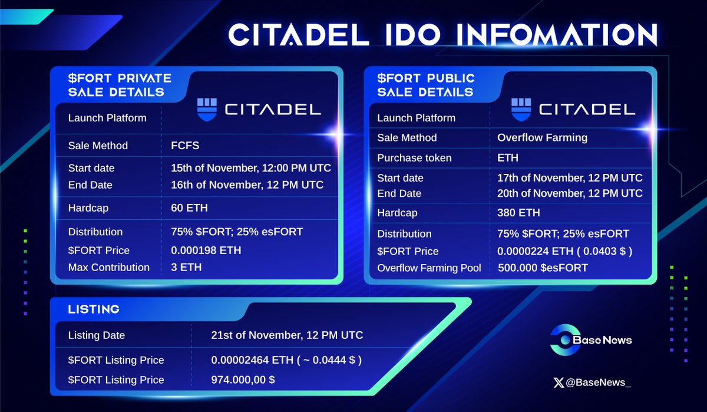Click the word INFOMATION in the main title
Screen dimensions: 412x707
pyautogui.click(x=558, y=35)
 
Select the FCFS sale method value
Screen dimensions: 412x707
pyautogui.click(x=186, y=146)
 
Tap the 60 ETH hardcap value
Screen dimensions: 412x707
pyautogui.click(x=190, y=208)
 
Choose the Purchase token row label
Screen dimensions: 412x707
pyautogui.click(x=414, y=158)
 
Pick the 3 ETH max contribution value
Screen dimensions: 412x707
pyautogui.click(x=186, y=268)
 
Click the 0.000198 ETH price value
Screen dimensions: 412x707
pyautogui.click(x=206, y=251)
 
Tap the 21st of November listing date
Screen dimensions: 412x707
pyautogui.click(x=287, y=335)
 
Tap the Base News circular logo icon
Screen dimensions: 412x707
pyautogui.click(x=563, y=340)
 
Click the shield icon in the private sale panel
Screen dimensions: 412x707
pyautogui.click(x=207, y=110)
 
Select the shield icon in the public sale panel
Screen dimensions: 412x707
pyautogui.click(x=521, y=110)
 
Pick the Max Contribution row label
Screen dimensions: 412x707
pyautogui.click(x=109, y=268)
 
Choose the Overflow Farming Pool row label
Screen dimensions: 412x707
pyautogui.click(x=429, y=268)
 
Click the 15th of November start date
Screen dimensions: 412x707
pyautogui.click(x=251, y=168)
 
